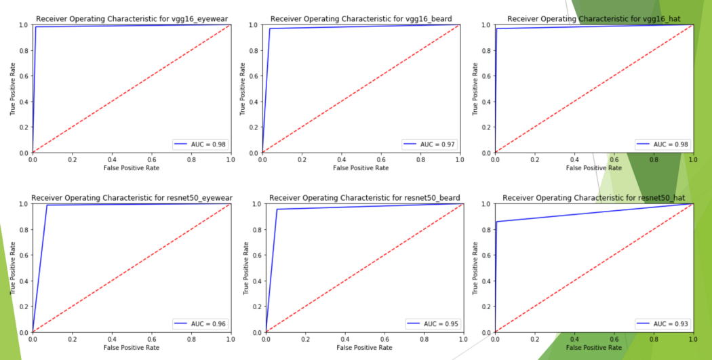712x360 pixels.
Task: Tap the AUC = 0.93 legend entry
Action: pos(662,324)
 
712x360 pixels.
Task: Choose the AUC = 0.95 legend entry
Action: pos(432,324)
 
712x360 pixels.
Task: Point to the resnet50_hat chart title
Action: pos(594,197)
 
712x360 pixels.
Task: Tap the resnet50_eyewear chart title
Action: pos(132,197)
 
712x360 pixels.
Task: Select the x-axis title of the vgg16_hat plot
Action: pos(593,168)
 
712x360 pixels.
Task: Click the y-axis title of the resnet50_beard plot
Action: pos(245,268)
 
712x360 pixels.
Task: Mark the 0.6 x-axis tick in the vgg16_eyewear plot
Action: pos(151,160)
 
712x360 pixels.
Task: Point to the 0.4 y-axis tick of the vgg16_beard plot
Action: pos(253,102)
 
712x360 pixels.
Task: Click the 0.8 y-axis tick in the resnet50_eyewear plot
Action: pos(24,229)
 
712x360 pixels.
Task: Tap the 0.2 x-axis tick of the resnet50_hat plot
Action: pos(535,339)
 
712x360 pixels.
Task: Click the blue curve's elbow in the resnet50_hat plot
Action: pos(497,222)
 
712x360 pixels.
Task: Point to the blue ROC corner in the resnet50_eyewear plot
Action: pos(47,205)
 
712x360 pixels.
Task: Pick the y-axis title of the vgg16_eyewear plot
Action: pos(13,89)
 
